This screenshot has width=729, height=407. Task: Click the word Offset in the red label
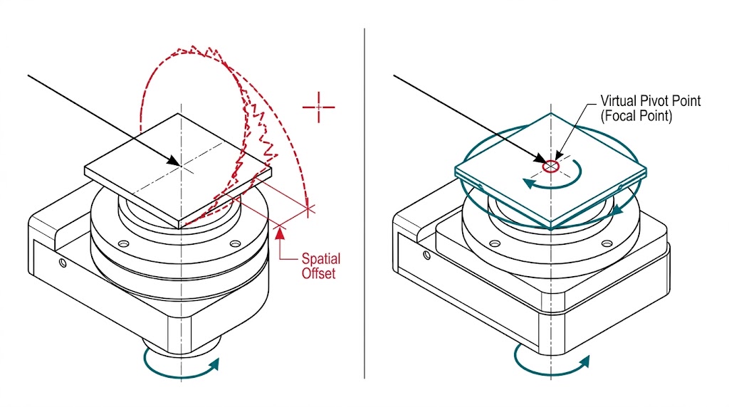318,272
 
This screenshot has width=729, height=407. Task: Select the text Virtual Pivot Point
650,101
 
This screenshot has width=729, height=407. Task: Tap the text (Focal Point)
636,115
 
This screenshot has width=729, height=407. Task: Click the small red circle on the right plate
550,166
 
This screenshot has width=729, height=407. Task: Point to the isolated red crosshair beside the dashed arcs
319,107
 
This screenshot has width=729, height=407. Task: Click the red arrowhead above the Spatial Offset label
282,228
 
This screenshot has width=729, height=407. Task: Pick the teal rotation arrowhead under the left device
213,364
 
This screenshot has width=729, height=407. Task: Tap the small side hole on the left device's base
63,263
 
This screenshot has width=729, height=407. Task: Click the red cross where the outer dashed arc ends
308,209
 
